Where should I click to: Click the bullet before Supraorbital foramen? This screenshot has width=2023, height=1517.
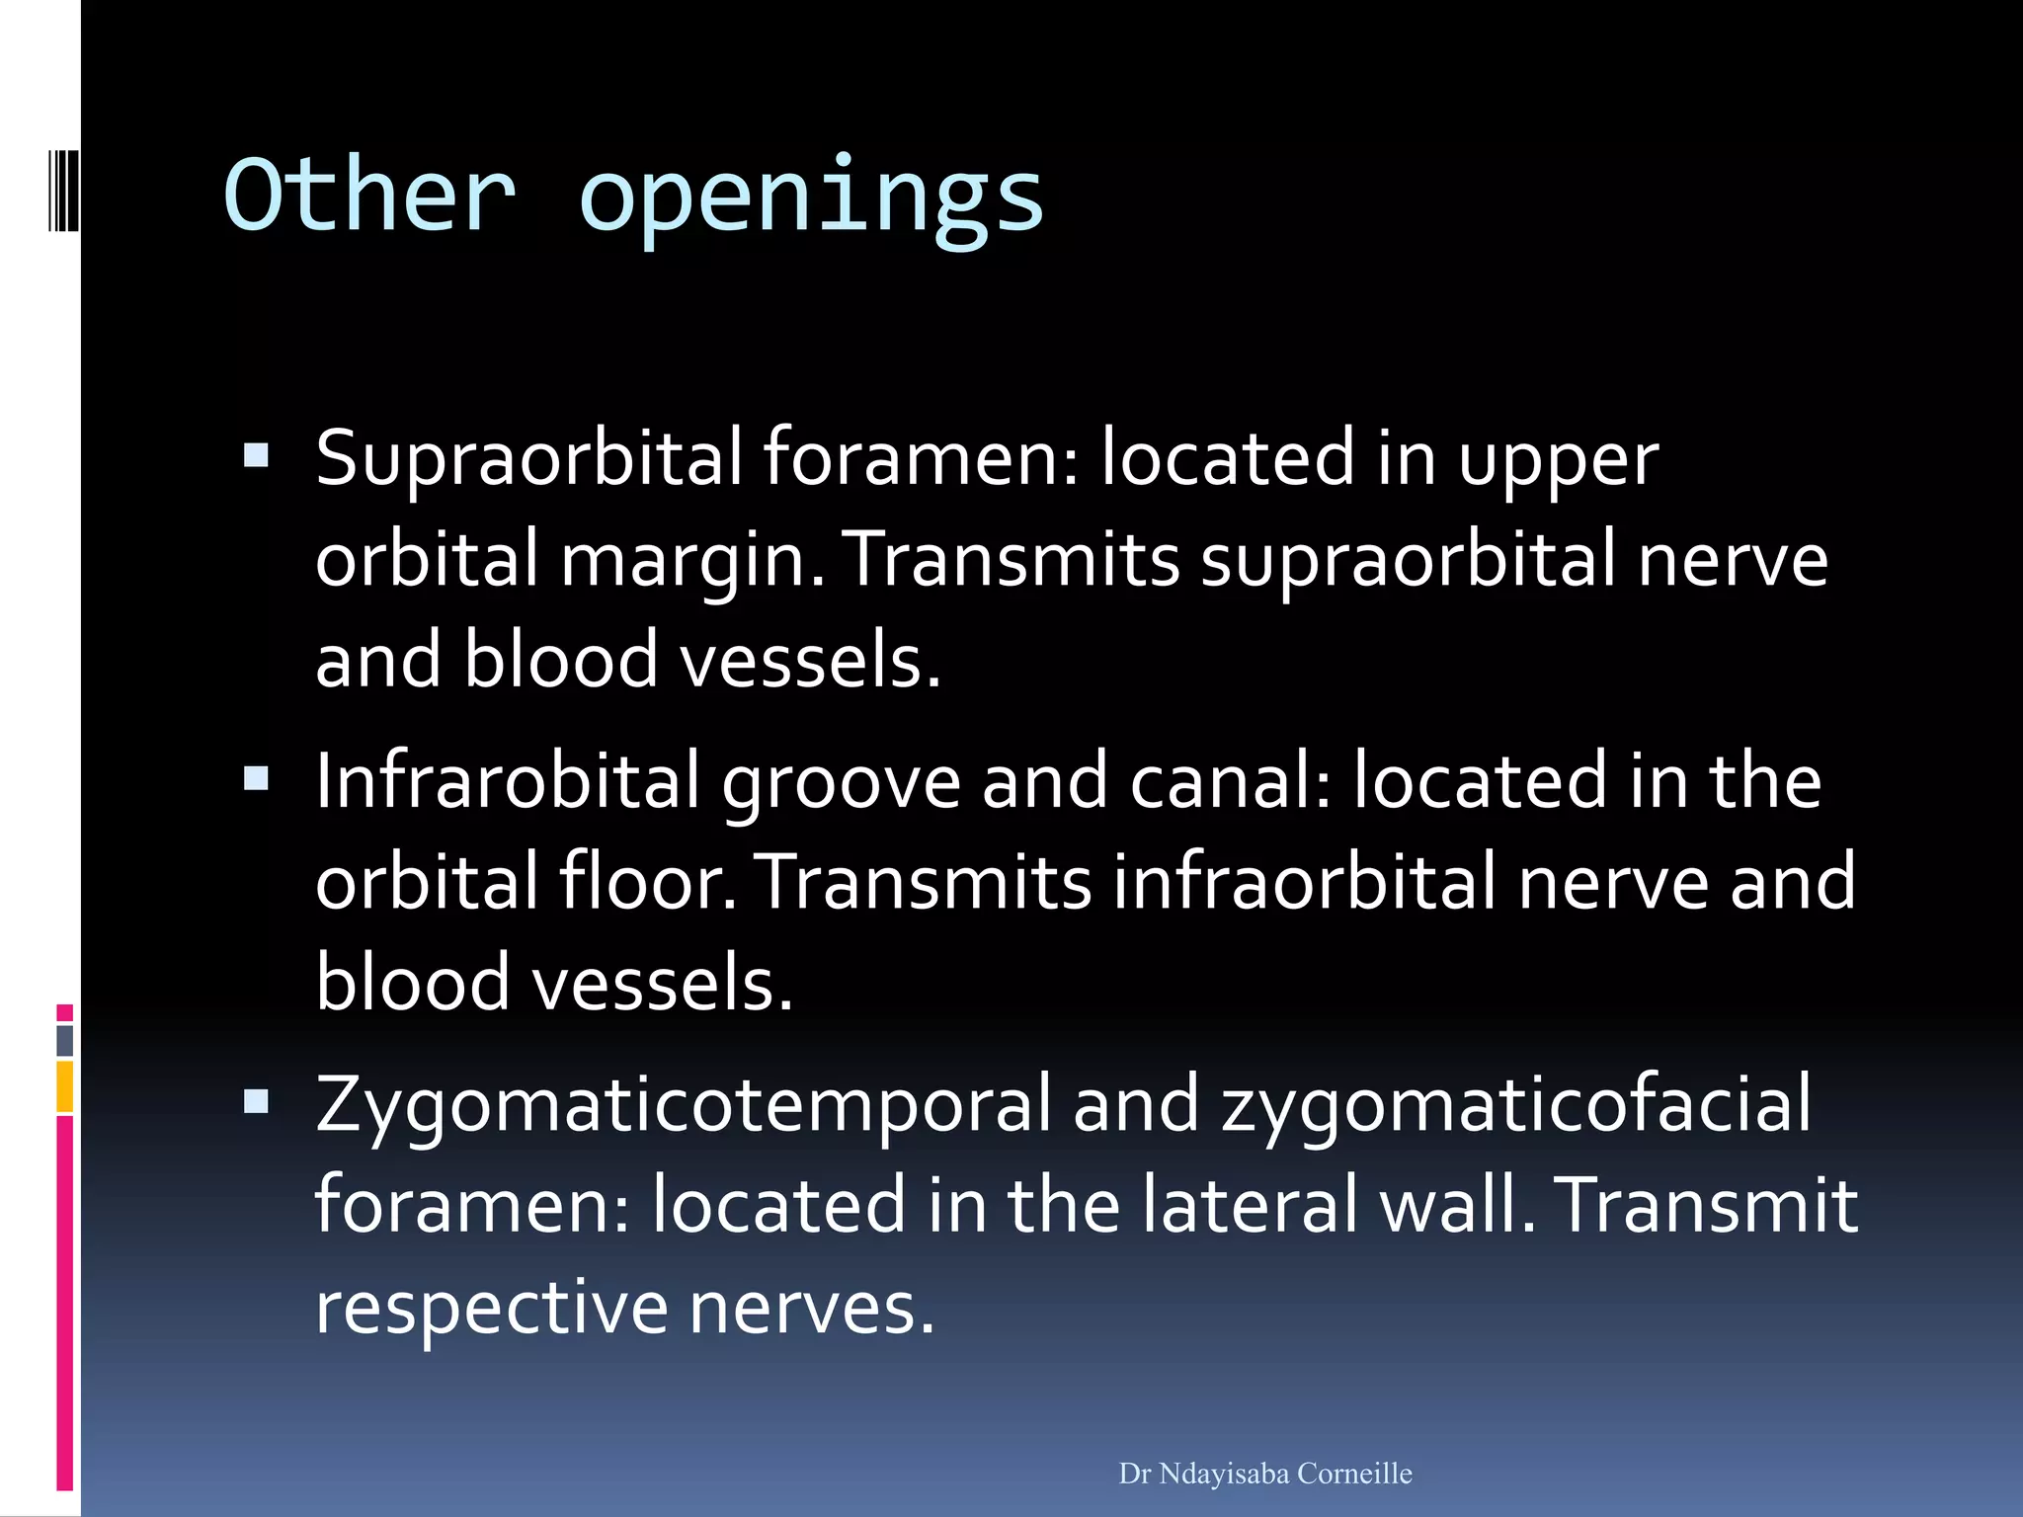click(256, 455)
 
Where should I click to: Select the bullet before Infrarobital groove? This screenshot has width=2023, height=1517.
click(256, 779)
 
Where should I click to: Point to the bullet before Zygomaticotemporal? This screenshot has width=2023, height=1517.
click(256, 1101)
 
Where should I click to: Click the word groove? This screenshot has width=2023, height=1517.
click(841, 782)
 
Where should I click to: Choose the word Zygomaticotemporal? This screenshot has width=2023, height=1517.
click(684, 1104)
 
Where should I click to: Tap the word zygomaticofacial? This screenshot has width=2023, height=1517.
click(1516, 1104)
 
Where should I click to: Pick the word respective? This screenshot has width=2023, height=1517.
click(491, 1308)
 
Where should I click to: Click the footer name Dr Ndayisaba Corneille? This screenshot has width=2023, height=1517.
click(1265, 1474)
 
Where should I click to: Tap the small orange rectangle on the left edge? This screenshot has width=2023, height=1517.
click(65, 1086)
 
